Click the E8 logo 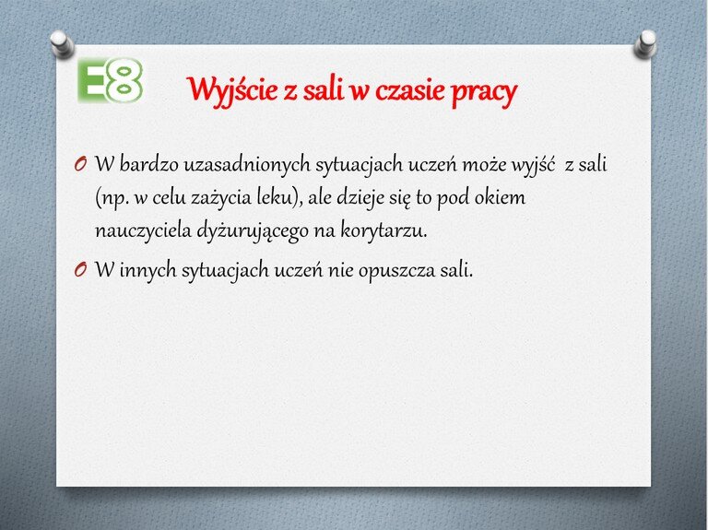click(x=110, y=80)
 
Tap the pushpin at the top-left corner click(x=62, y=44)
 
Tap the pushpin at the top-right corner click(x=645, y=44)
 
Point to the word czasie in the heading click(x=410, y=90)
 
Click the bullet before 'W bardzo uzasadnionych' click(x=80, y=164)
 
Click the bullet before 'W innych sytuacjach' click(x=80, y=270)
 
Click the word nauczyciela click(x=143, y=230)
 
